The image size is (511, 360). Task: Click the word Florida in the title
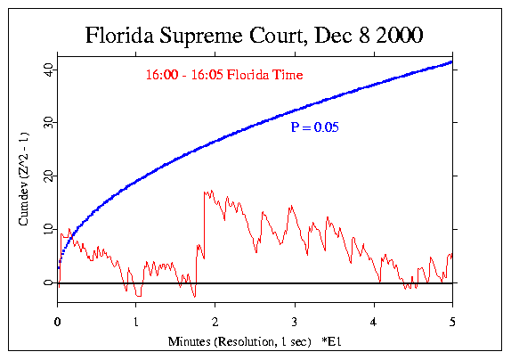(118, 37)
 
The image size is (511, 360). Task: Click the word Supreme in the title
(197, 37)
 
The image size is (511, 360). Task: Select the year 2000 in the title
(393, 37)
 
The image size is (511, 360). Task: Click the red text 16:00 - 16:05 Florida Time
(224, 76)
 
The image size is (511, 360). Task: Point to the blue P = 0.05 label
(315, 128)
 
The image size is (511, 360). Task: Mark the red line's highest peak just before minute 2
(207, 191)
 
